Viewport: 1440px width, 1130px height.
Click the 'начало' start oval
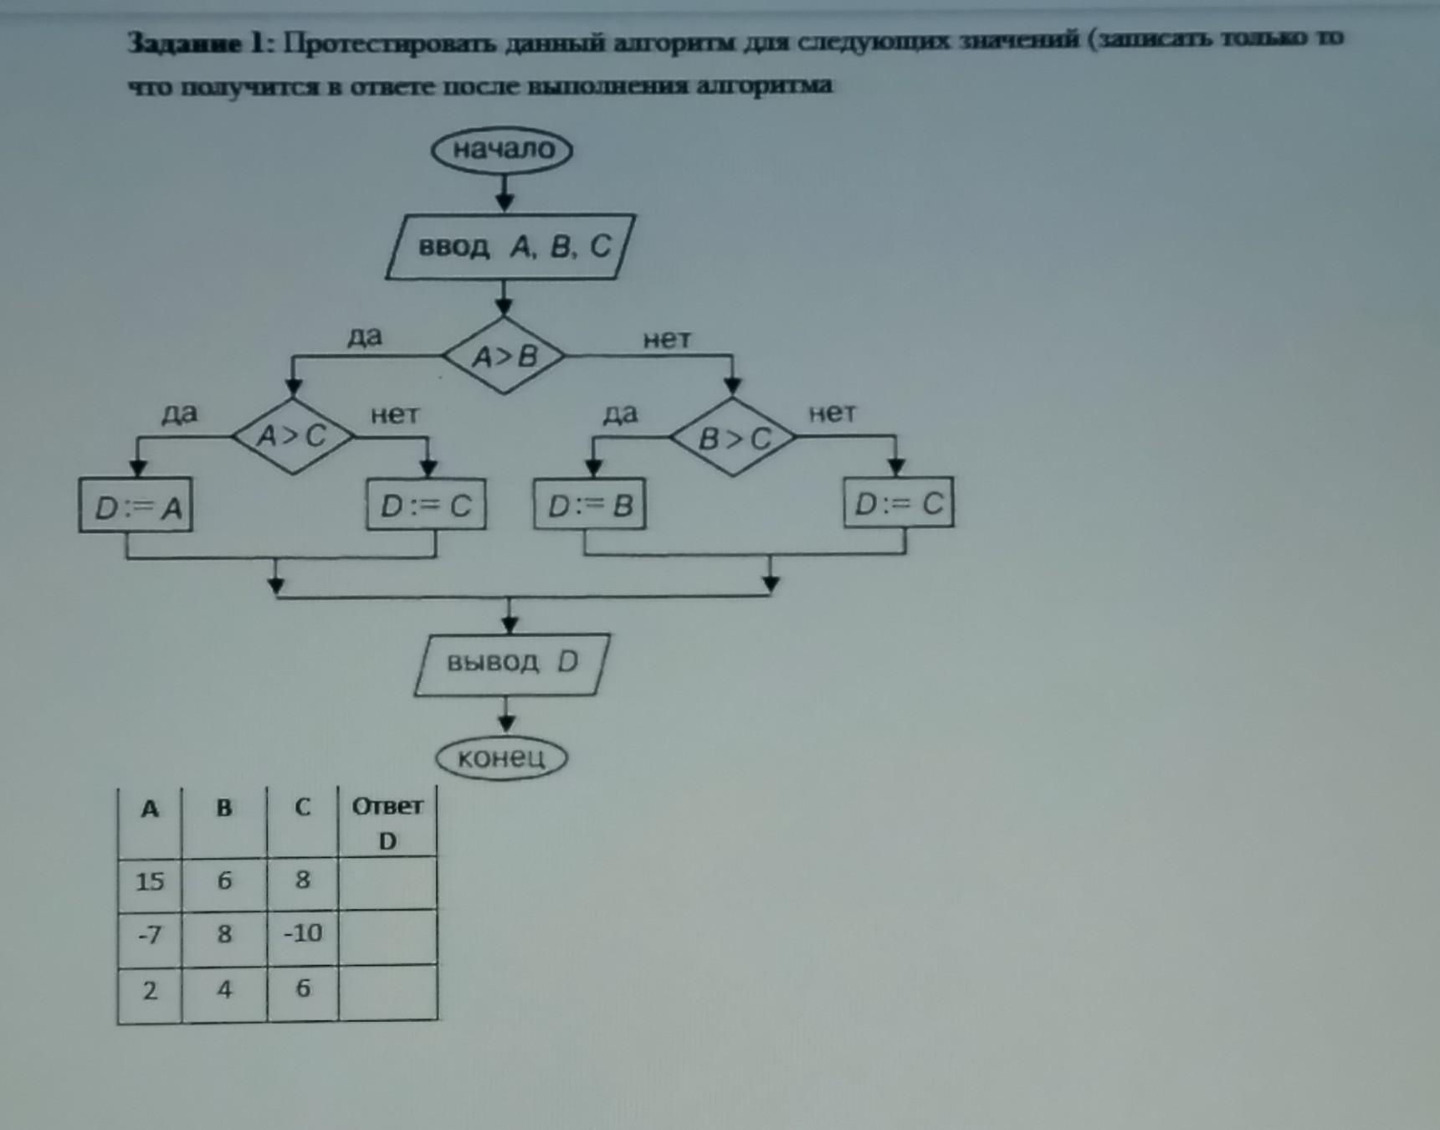tap(502, 150)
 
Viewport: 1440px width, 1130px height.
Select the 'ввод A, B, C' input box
tap(510, 246)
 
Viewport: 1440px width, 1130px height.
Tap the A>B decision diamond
tap(504, 357)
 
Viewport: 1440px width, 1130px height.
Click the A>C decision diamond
tap(292, 436)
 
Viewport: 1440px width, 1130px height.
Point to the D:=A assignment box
tap(136, 506)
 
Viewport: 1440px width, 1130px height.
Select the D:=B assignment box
tap(590, 505)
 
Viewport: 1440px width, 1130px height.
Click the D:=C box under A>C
tap(426, 505)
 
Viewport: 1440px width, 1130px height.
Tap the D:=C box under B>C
tap(899, 503)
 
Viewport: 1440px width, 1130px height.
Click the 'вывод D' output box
tap(512, 663)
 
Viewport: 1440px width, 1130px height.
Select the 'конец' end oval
tap(502, 758)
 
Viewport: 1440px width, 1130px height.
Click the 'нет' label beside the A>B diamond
tap(667, 339)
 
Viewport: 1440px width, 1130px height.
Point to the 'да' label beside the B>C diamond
tap(620, 413)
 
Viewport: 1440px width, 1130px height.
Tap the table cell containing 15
tap(150, 881)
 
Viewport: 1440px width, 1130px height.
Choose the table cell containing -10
tap(302, 933)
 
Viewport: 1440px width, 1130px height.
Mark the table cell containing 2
tap(150, 991)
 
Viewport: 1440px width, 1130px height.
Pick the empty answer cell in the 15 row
tap(387, 882)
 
